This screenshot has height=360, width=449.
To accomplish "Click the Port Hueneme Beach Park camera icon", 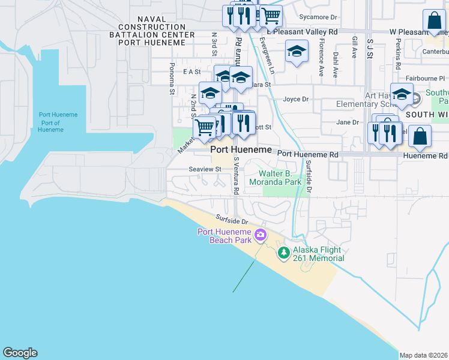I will pyautogui.click(x=261, y=234).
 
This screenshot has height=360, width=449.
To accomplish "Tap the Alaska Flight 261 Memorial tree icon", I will pyautogui.click(x=285, y=254).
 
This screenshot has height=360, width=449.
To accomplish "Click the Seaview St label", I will pyautogui.click(x=205, y=169).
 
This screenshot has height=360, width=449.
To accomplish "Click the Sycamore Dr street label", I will pyautogui.click(x=318, y=17).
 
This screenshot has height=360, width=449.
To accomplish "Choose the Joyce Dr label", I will pyautogui.click(x=295, y=99).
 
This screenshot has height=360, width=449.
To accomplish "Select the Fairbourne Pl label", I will pyautogui.click(x=425, y=78).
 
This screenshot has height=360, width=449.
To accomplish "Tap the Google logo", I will pyautogui.click(x=20, y=353).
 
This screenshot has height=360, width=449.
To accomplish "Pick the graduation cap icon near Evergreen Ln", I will pyautogui.click(x=297, y=52).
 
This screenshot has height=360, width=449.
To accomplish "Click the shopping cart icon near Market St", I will pyautogui.click(x=205, y=127).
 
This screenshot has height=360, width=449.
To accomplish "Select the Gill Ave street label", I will pyautogui.click(x=355, y=47).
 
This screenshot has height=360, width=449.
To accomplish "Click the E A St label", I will pyautogui.click(x=191, y=71).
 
